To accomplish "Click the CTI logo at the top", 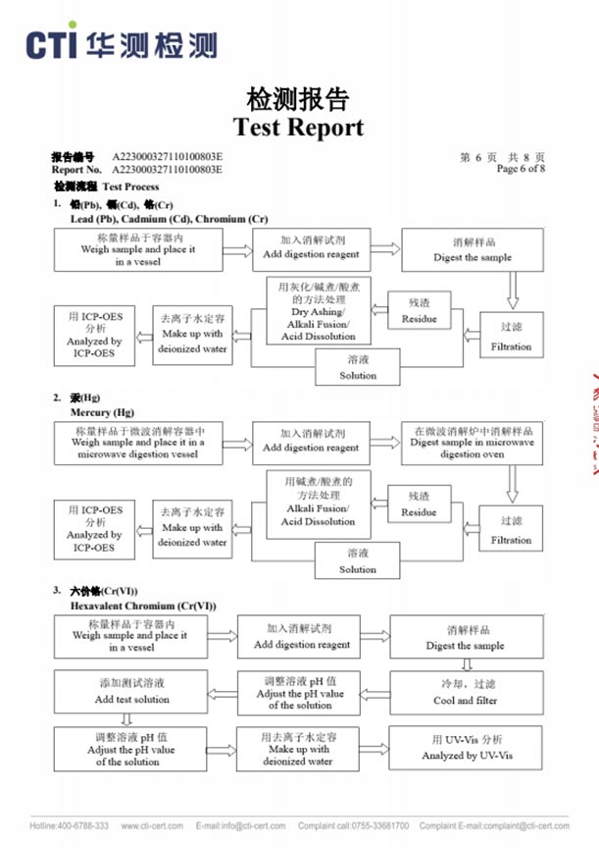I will pyautogui.click(x=120, y=44).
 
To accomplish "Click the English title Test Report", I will pyautogui.click(x=298, y=128).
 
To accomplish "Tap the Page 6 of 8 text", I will pyautogui.click(x=522, y=169).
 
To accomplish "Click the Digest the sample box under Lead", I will pyautogui.click(x=473, y=250).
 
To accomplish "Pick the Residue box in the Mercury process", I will pyautogui.click(x=419, y=505).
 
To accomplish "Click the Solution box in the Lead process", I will pyautogui.click(x=358, y=368).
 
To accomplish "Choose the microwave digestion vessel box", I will pyautogui.click(x=140, y=443).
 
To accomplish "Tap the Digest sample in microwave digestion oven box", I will pyautogui.click(x=473, y=443).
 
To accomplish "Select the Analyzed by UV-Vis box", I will pyautogui.click(x=467, y=748).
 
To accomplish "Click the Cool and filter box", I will pyautogui.click(x=466, y=693).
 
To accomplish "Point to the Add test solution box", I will pyautogui.click(x=130, y=693).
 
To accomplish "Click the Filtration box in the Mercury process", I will pyautogui.click(x=511, y=531).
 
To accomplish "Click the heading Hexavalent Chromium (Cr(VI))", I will pyautogui.click(x=143, y=606).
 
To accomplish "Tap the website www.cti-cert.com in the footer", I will pyautogui.click(x=151, y=825).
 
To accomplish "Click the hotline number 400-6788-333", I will pyautogui.click(x=83, y=825).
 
